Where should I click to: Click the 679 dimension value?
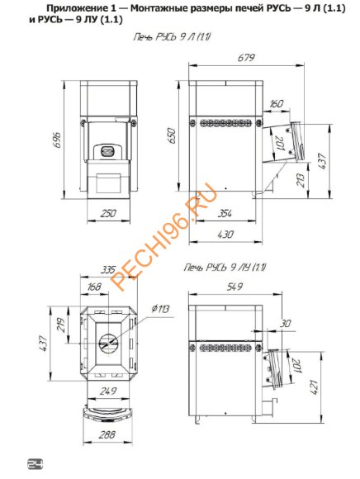click(246, 58)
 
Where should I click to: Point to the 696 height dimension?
click(58, 140)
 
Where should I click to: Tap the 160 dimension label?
click(276, 104)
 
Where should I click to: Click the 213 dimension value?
click(301, 180)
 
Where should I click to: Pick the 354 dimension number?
click(225, 213)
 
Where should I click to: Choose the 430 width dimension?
click(225, 235)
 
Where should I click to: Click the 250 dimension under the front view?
click(108, 213)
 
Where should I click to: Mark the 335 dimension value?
click(108, 269)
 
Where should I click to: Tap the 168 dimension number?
click(94, 287)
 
